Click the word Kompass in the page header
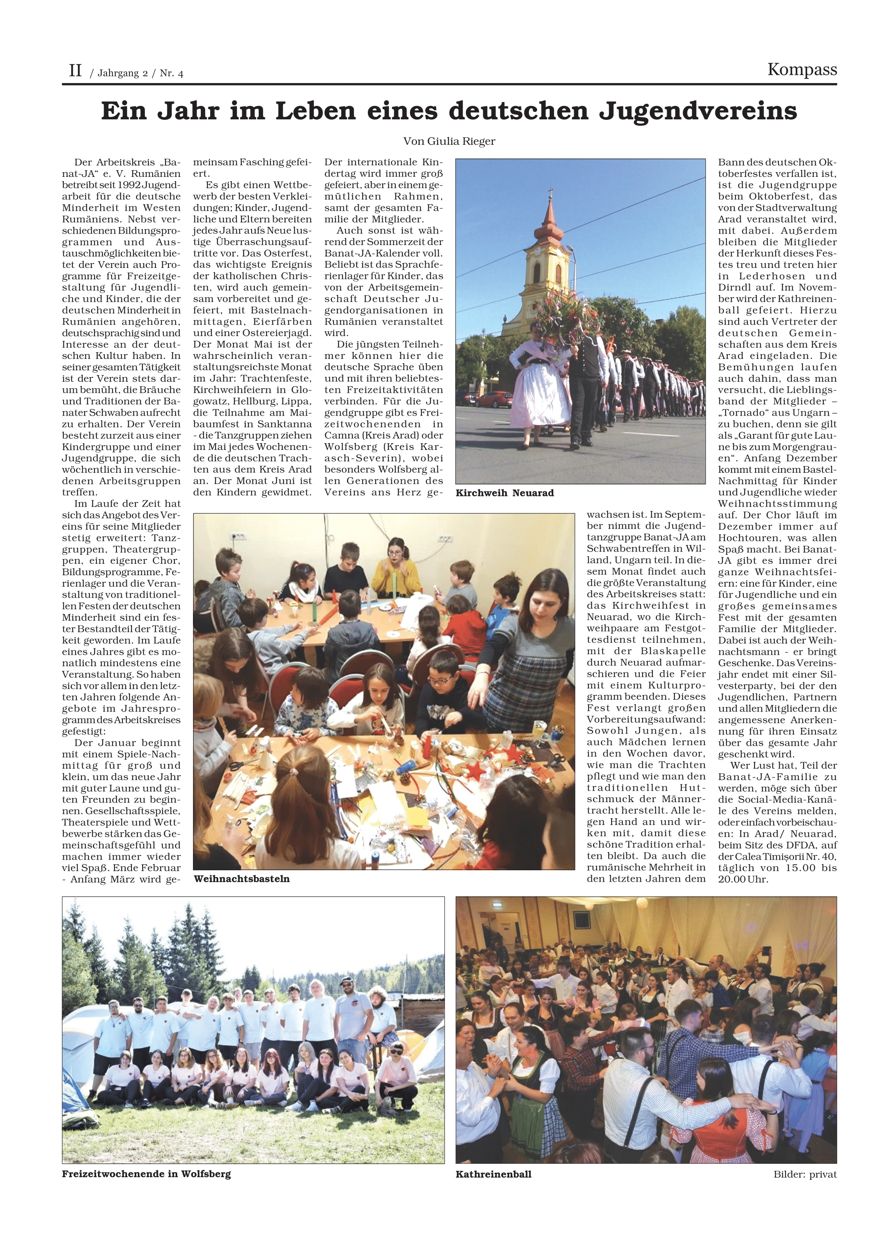802,70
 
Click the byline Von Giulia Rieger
449,141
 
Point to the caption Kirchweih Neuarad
504,493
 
